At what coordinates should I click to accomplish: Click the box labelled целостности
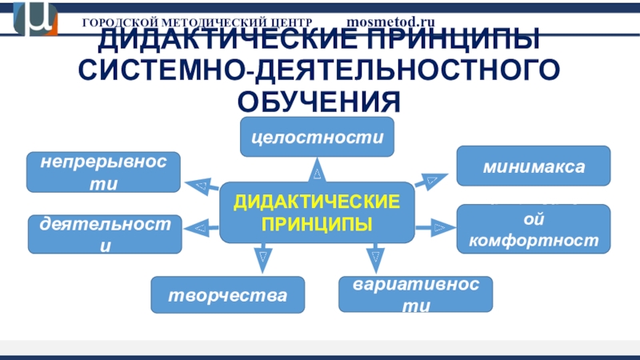click(x=318, y=137)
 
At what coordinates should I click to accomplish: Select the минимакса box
click(x=534, y=166)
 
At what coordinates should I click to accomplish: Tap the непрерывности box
click(x=103, y=172)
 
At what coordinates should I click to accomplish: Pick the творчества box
click(x=229, y=294)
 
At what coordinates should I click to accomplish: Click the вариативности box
click(x=415, y=294)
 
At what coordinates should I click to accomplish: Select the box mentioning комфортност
click(x=534, y=228)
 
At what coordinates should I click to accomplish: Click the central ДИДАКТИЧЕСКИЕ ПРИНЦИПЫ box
click(x=318, y=211)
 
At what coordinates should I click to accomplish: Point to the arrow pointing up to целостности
click(x=318, y=170)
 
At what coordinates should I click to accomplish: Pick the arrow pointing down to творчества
click(x=262, y=257)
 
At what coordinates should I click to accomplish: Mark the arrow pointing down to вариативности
click(x=373, y=257)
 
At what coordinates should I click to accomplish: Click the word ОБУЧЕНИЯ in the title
click(x=318, y=101)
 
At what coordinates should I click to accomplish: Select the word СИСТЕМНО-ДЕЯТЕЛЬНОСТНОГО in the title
click(x=318, y=70)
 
